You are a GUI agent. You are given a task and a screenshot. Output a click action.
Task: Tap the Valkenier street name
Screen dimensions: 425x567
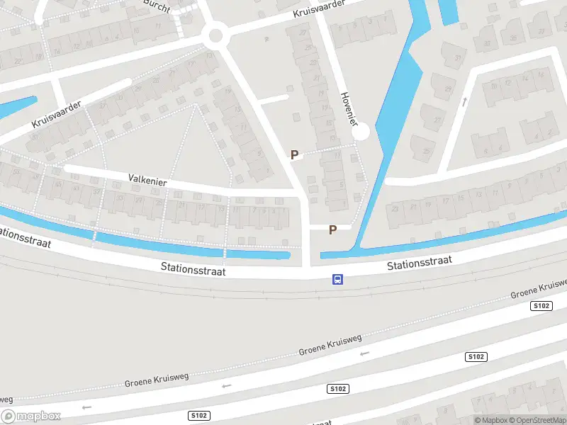[x=147, y=181]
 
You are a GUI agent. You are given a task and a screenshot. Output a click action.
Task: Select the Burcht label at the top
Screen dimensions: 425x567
[x=157, y=4]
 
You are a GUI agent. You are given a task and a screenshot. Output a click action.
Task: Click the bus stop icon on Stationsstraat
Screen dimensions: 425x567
[x=338, y=279]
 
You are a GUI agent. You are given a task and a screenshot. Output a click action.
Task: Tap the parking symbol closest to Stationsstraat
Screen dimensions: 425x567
[x=332, y=229]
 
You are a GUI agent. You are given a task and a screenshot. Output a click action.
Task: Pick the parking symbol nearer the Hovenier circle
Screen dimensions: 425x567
[x=294, y=154]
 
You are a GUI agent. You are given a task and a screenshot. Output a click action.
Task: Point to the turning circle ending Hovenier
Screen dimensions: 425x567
[x=361, y=132]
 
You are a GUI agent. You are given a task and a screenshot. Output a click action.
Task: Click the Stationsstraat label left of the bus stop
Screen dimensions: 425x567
[x=193, y=268]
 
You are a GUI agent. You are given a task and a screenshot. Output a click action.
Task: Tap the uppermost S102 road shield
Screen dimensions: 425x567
[x=541, y=305]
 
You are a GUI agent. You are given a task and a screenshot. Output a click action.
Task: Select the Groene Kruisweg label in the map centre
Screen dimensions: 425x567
[x=330, y=345]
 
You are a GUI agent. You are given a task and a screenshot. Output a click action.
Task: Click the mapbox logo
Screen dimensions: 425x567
[x=31, y=416]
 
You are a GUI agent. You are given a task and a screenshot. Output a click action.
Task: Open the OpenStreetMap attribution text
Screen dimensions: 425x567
[x=537, y=420]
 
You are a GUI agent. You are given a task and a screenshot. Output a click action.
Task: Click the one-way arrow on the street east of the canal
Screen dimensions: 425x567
[x=465, y=102]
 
